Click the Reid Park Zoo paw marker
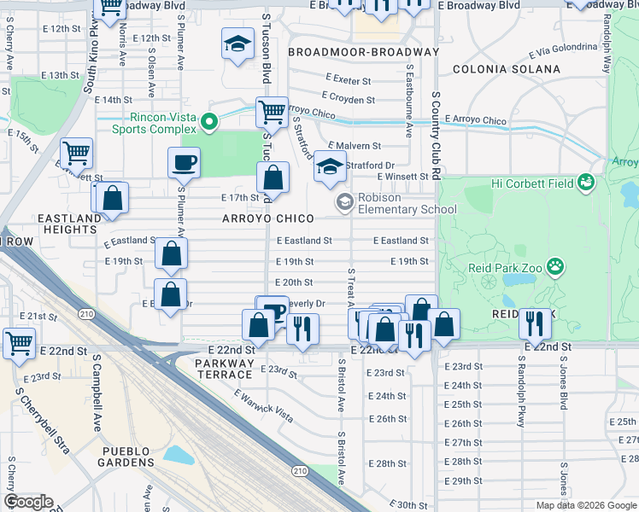point(556,267)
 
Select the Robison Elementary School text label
point(407,203)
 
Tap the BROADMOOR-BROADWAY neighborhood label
point(363,52)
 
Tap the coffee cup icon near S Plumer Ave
point(184,161)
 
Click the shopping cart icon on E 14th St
point(272,111)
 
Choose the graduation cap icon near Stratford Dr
point(329,166)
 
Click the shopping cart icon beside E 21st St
point(20,342)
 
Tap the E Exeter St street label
point(349,81)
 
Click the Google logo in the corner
point(29,502)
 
